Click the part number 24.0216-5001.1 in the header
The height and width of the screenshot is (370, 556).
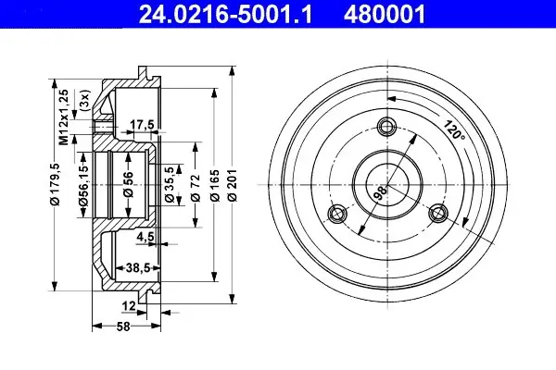(225, 15)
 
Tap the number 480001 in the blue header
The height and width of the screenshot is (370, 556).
(385, 15)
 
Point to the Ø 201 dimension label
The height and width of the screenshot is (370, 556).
(233, 185)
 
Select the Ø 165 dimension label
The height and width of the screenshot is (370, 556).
(215, 185)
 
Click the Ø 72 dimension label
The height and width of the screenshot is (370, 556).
(196, 188)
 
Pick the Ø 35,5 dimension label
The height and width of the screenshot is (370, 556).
(171, 184)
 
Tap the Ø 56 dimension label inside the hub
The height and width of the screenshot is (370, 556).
(128, 184)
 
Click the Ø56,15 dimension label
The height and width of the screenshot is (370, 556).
(83, 182)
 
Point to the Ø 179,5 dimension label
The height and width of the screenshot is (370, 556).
(56, 184)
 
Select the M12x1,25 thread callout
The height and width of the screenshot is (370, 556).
(64, 117)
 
